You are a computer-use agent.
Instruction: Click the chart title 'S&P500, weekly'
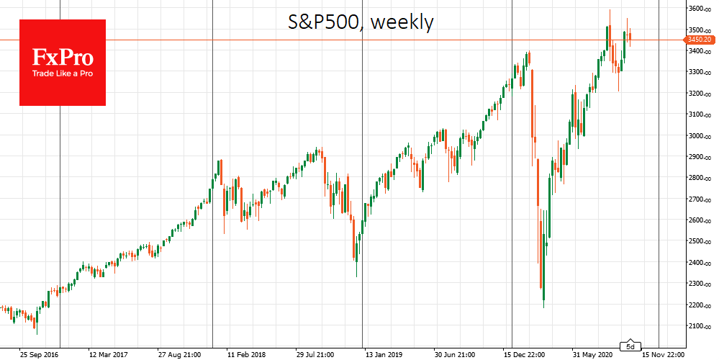point(357,23)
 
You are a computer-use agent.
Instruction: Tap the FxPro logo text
point(62,58)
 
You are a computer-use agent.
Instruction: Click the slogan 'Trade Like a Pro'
point(62,73)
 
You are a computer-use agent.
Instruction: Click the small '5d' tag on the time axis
point(631,344)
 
